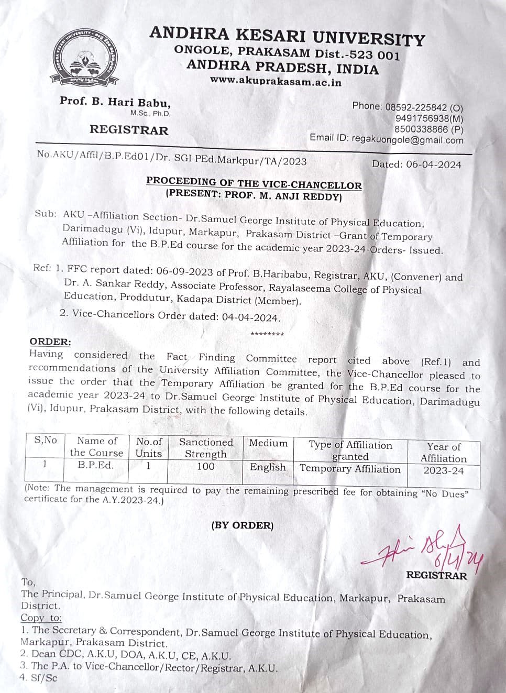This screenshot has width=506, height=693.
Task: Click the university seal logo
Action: point(87,59)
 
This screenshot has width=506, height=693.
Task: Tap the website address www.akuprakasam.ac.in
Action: point(276,82)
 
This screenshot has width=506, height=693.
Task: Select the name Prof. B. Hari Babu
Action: point(115,102)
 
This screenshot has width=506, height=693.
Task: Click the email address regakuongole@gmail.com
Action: point(408,140)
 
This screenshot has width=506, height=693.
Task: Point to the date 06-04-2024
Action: point(433,164)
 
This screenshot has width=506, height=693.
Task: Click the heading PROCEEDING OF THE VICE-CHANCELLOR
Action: point(254,183)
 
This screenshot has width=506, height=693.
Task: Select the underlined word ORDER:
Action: point(50,342)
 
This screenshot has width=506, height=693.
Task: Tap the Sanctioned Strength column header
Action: point(206,448)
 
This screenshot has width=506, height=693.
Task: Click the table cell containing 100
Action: point(206,466)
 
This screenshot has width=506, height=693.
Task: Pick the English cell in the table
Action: point(268,467)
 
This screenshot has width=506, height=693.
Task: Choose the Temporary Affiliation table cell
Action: point(350,469)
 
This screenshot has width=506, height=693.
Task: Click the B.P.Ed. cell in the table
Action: point(96,465)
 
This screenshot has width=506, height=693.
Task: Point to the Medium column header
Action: point(268,443)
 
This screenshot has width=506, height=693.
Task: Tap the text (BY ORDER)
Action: point(243,525)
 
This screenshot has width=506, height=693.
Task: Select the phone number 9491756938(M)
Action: point(429,118)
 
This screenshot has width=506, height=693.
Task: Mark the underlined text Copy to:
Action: point(41,618)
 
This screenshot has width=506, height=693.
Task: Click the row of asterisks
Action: point(267,334)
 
